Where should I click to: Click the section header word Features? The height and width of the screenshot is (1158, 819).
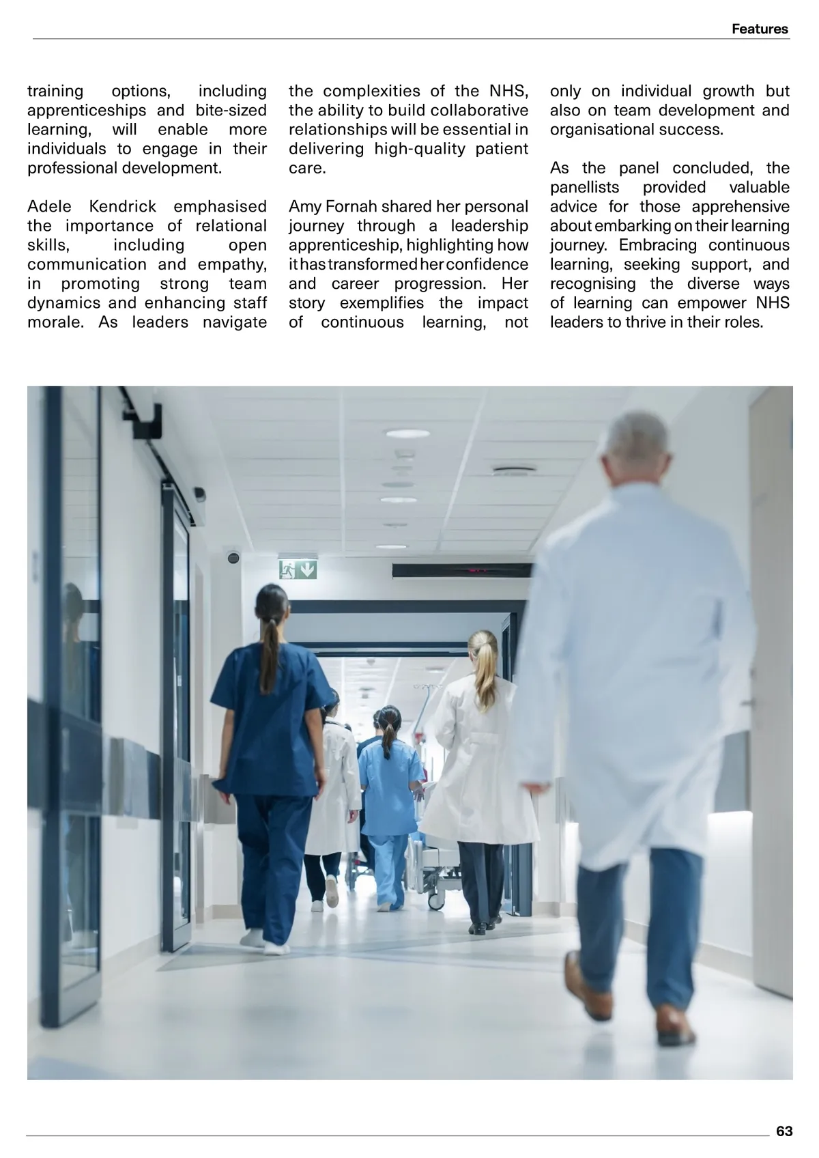pyautogui.click(x=759, y=29)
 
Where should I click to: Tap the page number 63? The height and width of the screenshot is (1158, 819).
pyautogui.click(x=784, y=1131)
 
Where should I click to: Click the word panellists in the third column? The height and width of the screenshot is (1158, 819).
pyautogui.click(x=585, y=188)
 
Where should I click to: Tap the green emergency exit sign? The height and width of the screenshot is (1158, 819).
pyautogui.click(x=298, y=569)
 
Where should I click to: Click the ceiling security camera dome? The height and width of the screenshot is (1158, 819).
pyautogui.click(x=233, y=557)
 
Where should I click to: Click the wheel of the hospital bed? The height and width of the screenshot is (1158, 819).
pyautogui.click(x=435, y=901)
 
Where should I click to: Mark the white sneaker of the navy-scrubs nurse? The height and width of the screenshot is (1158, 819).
pyautogui.click(x=276, y=947)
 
